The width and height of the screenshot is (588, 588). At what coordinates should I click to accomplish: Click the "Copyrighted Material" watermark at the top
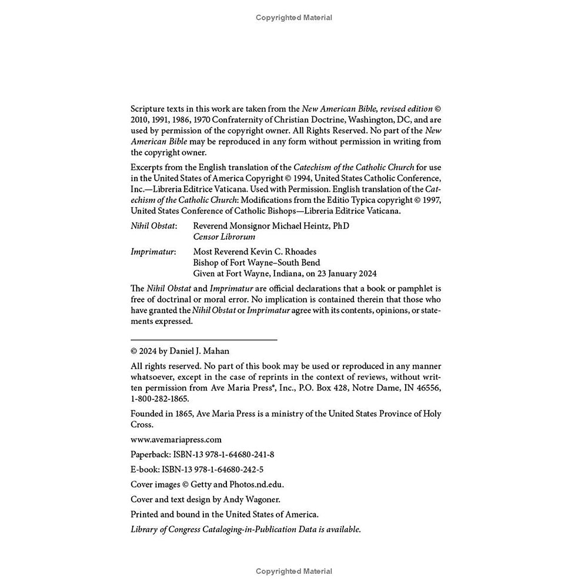pos(294,18)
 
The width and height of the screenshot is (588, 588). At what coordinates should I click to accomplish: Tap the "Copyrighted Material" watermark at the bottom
pos(294,572)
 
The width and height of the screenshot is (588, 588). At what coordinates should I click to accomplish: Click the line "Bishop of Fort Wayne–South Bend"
pos(257,263)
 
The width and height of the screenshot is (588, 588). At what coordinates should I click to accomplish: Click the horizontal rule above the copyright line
pos(203,340)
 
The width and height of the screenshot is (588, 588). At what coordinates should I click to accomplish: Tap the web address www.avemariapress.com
pos(176,439)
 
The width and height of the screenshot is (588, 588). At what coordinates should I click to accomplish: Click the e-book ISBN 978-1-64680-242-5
pos(228,469)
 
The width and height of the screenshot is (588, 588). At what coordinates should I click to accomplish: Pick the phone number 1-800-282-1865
pos(160,399)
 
